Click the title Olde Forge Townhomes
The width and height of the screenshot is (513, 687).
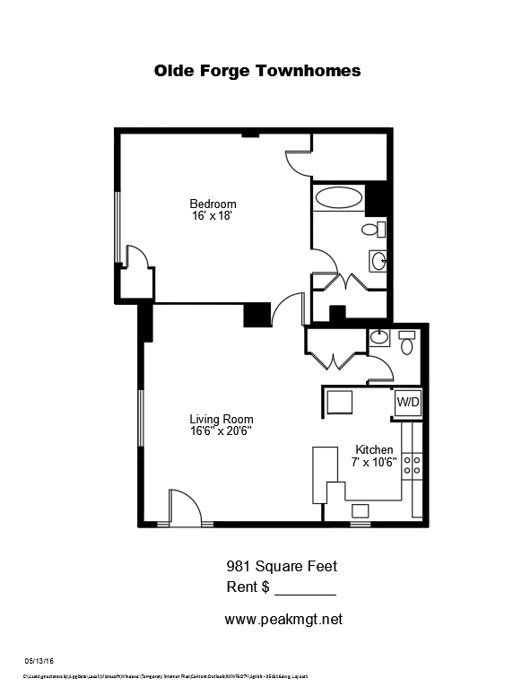click(256, 71)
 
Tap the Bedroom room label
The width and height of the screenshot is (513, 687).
click(213, 204)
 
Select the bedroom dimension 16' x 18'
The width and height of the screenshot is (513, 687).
click(213, 216)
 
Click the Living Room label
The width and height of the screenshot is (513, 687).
click(221, 419)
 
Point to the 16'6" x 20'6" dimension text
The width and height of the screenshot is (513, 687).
click(221, 431)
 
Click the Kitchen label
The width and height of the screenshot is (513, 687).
click(374, 449)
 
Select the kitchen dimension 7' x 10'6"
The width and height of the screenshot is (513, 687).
click(374, 462)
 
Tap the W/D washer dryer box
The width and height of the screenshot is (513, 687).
click(407, 403)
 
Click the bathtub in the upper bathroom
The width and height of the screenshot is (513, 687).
click(339, 197)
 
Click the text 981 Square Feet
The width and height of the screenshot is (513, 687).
click(281, 566)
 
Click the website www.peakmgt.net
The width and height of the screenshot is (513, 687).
click(283, 619)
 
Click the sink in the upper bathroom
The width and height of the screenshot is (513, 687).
click(379, 262)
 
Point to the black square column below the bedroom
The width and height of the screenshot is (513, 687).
click(257, 316)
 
